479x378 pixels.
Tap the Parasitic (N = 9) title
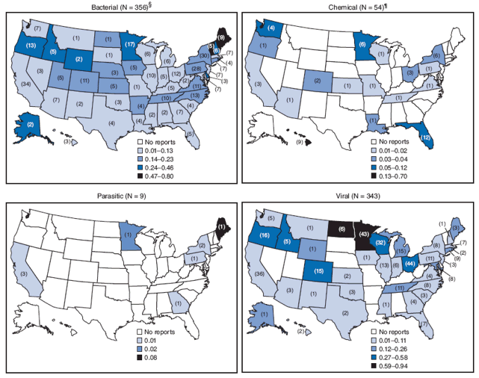(x=120, y=196)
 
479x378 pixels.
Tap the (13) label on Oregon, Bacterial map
(x=31, y=46)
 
